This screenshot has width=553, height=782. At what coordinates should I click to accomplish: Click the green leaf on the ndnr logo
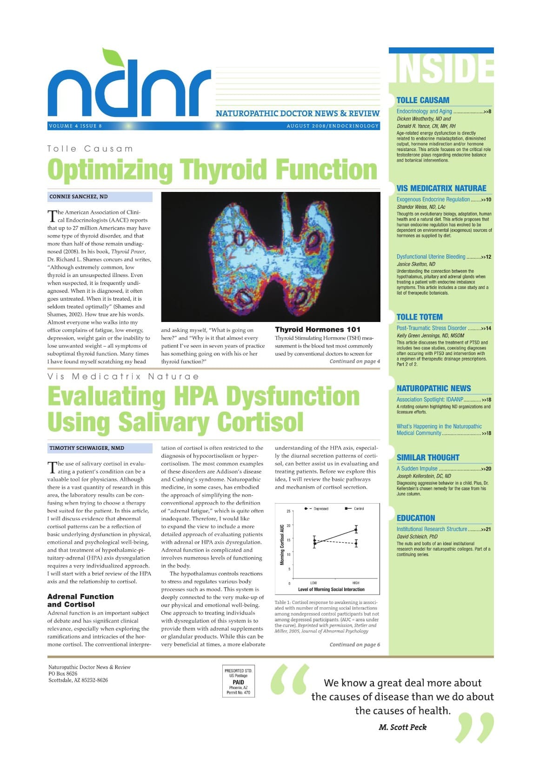pos(113,57)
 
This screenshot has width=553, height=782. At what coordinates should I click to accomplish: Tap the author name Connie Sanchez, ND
pos(78,197)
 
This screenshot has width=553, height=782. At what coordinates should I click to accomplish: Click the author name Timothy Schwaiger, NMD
pos(87,448)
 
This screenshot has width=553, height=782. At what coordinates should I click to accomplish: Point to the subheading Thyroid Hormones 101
pos(317,329)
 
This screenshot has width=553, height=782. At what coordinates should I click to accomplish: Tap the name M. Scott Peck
pos(402,727)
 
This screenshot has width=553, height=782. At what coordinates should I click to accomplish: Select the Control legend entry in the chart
pos(355,509)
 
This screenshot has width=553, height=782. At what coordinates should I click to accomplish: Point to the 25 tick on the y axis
pos(288,511)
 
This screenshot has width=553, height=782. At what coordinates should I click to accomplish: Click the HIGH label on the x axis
pos(356,583)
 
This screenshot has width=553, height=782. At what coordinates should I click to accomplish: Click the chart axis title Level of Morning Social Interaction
pos(331,589)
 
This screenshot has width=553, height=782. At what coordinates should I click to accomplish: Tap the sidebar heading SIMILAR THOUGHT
pos(427,457)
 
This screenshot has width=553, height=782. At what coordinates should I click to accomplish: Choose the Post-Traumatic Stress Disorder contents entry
pos(432,328)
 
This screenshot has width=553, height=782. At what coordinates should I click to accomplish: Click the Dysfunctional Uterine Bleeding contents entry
pos(431,256)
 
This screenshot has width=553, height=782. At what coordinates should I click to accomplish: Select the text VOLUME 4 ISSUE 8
pos(75,126)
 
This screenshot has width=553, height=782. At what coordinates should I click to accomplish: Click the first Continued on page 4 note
pos(354,361)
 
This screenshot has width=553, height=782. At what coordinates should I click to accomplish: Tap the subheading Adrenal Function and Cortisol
pos(80,600)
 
